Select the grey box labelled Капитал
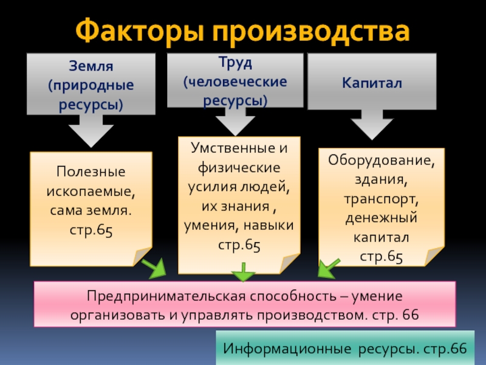[x=371, y=81]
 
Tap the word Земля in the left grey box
[x=91, y=65]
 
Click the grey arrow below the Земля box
[x=91, y=130]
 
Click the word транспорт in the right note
[x=380, y=199]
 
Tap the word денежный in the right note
[x=381, y=217]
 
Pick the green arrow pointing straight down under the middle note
[x=244, y=272]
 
